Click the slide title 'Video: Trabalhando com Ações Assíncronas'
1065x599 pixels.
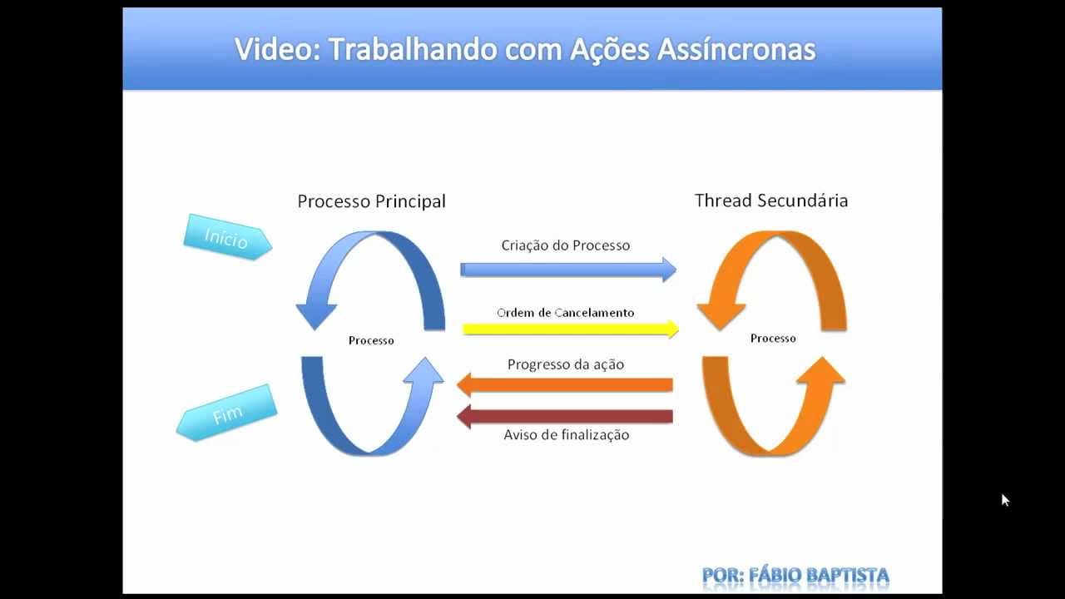pos(525,50)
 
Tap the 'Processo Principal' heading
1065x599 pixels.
pos(371,201)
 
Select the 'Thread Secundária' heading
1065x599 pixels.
pos(771,200)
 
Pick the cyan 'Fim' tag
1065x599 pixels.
pos(226,413)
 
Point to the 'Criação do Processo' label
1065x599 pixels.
pos(565,245)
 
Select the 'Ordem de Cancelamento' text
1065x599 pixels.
pos(565,313)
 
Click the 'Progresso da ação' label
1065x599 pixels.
pos(565,364)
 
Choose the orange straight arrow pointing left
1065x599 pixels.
pos(565,384)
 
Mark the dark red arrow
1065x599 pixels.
pos(565,416)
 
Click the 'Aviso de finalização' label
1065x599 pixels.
pos(566,435)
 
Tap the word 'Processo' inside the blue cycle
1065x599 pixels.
pos(371,340)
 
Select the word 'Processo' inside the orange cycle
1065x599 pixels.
pos(773,339)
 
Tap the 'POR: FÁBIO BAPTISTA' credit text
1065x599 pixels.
pos(795,575)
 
